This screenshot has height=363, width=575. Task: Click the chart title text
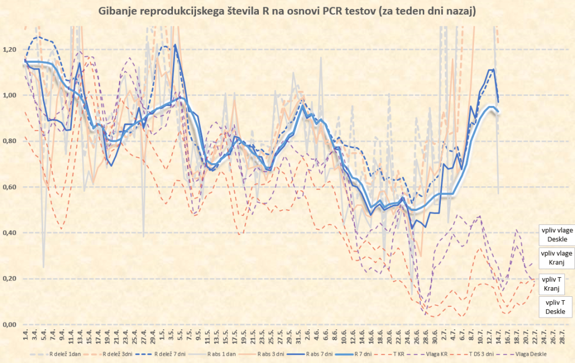click(x=287, y=11)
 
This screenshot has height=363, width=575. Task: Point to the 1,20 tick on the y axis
click(x=10, y=50)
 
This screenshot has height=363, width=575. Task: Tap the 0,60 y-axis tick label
click(x=10, y=187)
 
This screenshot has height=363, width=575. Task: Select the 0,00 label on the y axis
click(x=10, y=325)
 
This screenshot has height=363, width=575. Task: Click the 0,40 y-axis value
click(x=10, y=233)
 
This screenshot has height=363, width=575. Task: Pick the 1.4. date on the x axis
click(x=25, y=338)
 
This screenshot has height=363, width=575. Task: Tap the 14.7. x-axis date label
click(x=492, y=338)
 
